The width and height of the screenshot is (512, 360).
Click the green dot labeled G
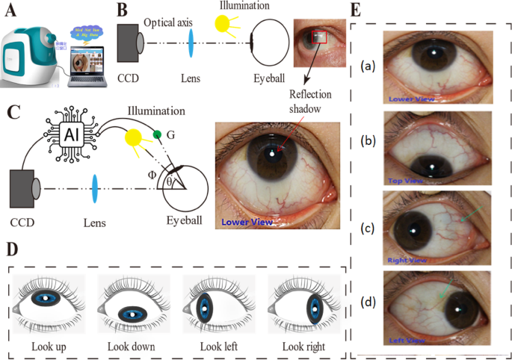pyautogui.click(x=157, y=134)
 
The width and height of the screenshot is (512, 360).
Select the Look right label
pyautogui.click(x=303, y=346)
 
